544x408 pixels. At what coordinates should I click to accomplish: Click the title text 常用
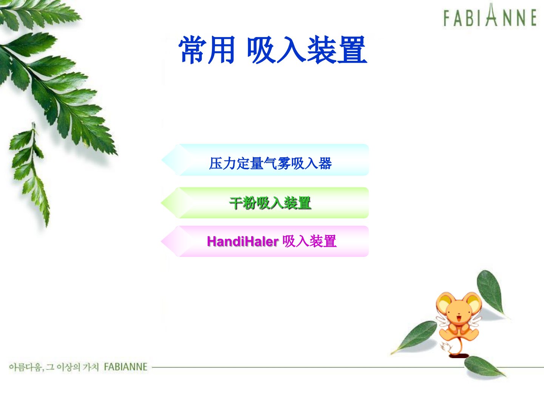[x=207, y=49]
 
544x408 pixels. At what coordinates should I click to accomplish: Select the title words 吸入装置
[x=307, y=49]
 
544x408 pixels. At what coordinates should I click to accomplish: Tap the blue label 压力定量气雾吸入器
[x=270, y=164]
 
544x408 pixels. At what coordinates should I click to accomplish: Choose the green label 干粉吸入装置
[x=270, y=203]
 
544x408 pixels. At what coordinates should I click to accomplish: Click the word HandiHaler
[x=243, y=241]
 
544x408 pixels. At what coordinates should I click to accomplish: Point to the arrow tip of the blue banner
[x=162, y=160]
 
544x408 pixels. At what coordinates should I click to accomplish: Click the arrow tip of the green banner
[x=161, y=202]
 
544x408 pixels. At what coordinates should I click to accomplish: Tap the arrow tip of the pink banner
[x=161, y=241]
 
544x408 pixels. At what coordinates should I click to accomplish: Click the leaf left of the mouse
[x=414, y=337]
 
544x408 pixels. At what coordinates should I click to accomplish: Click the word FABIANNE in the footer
[x=126, y=367]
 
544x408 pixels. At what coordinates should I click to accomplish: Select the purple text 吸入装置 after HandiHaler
[x=309, y=241]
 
